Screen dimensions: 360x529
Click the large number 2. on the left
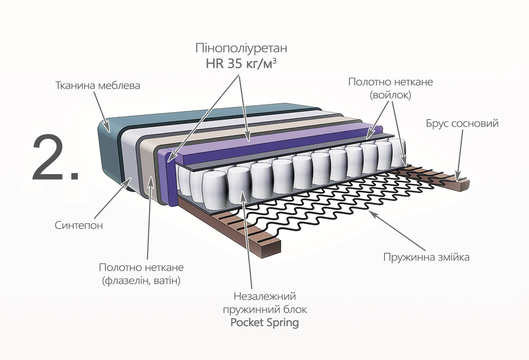(x=55, y=158)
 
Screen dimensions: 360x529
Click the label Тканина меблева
(x=97, y=85)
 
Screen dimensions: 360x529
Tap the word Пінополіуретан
(x=241, y=48)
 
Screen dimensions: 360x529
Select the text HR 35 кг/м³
(x=241, y=64)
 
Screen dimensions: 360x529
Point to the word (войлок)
(x=390, y=95)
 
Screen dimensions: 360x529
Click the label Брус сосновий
(x=462, y=124)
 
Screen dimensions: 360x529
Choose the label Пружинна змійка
(x=426, y=257)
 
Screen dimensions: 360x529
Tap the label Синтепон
(x=79, y=225)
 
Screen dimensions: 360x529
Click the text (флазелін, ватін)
(x=141, y=281)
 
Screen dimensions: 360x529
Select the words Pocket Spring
(x=264, y=323)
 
